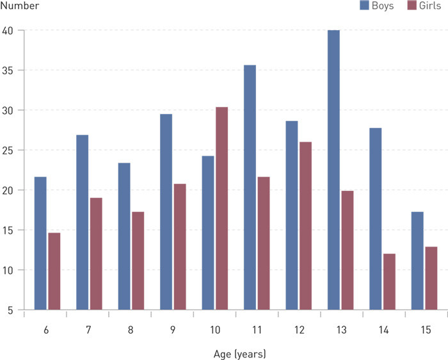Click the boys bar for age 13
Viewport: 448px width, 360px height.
coord(333,170)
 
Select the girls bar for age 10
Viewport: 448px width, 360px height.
coord(221,209)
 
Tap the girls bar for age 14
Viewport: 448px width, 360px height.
coord(389,282)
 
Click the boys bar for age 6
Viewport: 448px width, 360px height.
coord(40,243)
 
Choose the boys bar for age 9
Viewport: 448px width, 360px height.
coord(166,212)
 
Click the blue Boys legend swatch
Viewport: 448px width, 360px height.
coord(365,6)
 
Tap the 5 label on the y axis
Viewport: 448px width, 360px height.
coord(12,311)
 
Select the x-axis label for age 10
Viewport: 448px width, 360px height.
coord(214,329)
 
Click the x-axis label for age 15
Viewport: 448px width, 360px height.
coord(425,329)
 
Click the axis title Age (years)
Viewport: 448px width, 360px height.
coord(239,353)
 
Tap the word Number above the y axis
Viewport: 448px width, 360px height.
coord(20,6)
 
